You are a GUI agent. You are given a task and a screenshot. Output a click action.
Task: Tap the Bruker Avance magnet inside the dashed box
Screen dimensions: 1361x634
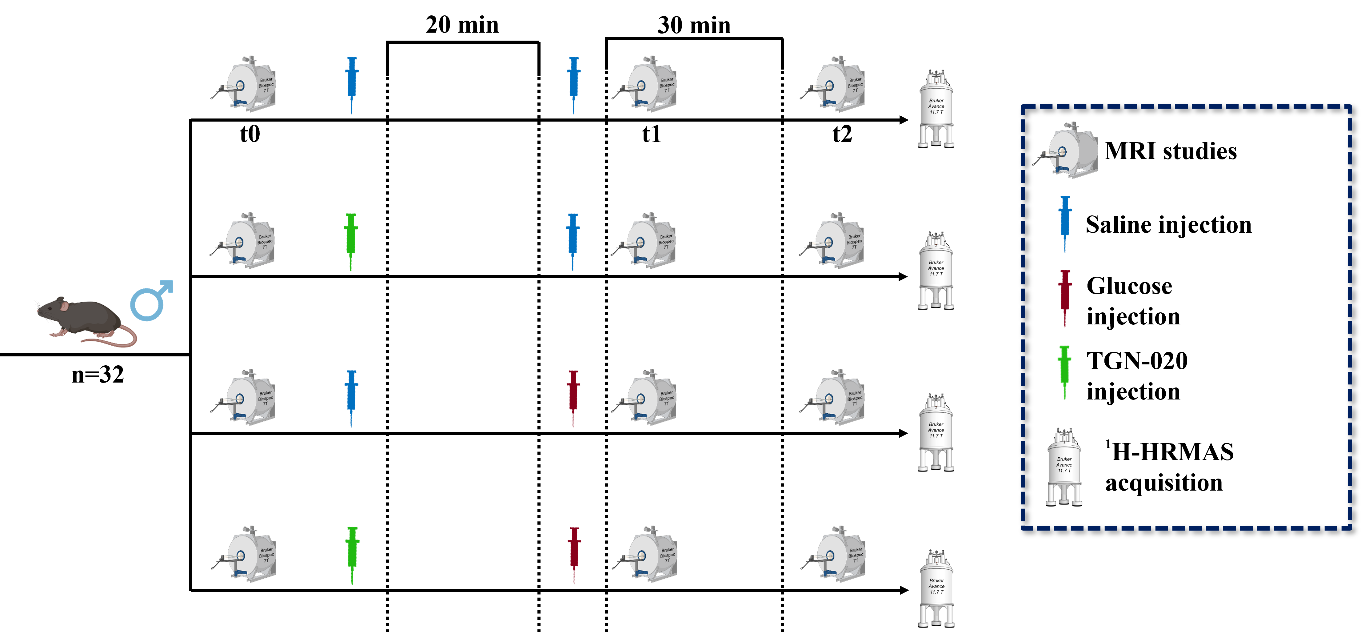[x=1064, y=468]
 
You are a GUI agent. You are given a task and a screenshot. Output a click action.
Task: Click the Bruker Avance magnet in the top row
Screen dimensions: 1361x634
[x=936, y=110]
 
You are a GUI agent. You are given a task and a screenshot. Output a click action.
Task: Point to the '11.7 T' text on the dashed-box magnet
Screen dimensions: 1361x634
[x=1064, y=471]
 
